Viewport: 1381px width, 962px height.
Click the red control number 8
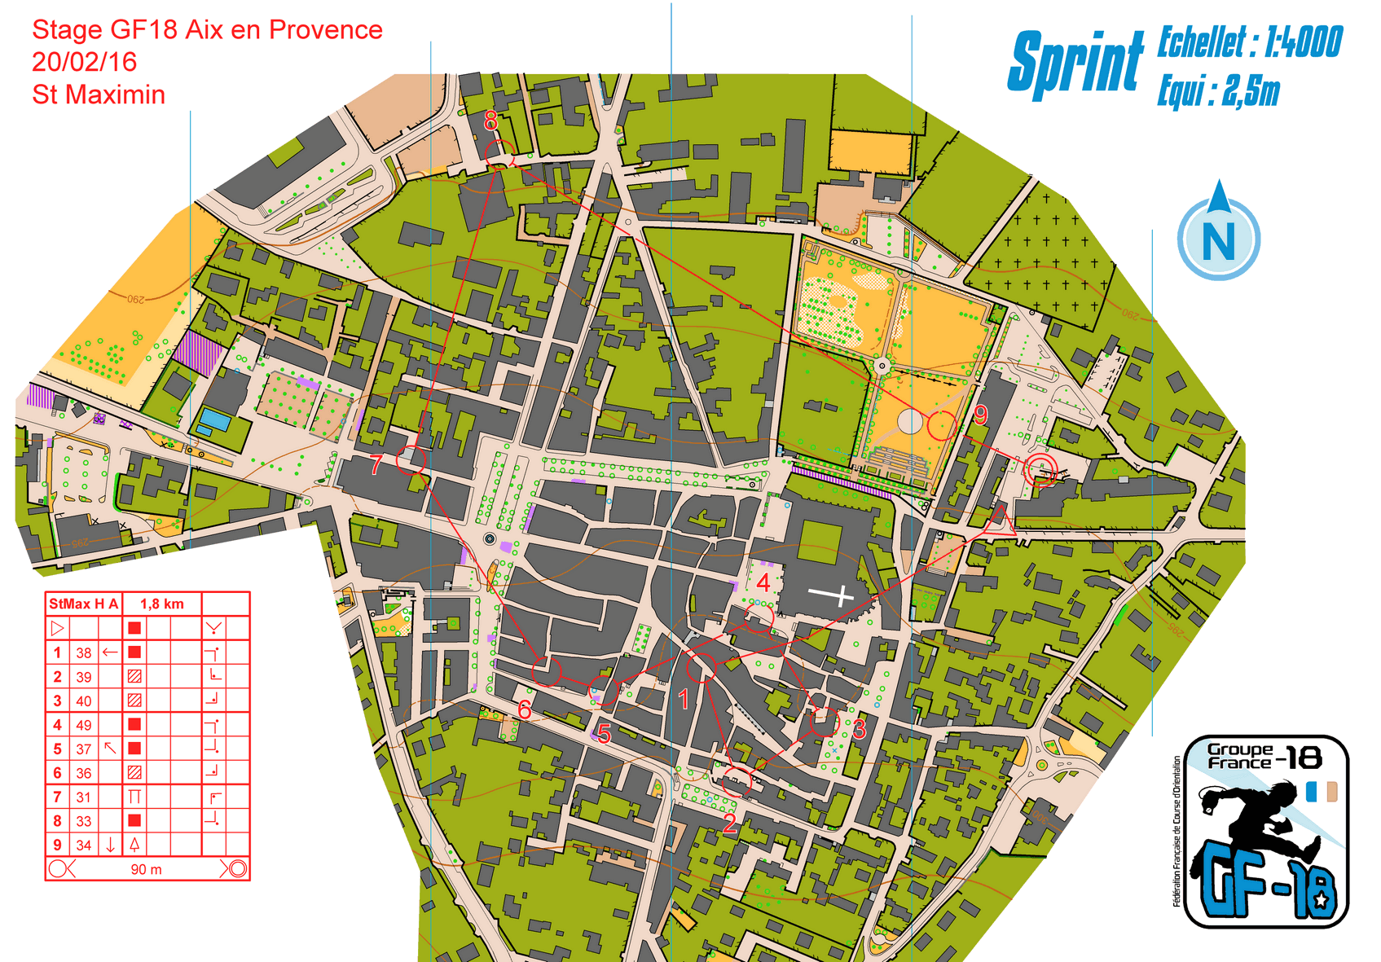[490, 121]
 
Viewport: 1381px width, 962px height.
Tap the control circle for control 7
[411, 460]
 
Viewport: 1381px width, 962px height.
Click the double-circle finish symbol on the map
[1040, 471]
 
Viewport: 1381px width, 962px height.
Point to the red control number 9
[980, 415]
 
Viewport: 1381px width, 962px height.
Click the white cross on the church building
[831, 595]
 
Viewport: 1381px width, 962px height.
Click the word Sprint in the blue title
[1075, 64]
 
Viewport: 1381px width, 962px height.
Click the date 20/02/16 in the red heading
[84, 62]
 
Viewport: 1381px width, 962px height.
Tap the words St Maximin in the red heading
[99, 94]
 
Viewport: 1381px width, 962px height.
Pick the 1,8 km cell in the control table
[161, 604]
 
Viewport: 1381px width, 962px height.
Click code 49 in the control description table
[84, 725]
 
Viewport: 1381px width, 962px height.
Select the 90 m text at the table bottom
[146, 869]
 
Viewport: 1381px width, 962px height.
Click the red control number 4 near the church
[763, 582]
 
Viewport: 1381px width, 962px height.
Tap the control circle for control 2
[737, 782]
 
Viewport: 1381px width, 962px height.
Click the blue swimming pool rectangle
[213, 420]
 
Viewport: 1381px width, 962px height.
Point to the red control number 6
[525, 709]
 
